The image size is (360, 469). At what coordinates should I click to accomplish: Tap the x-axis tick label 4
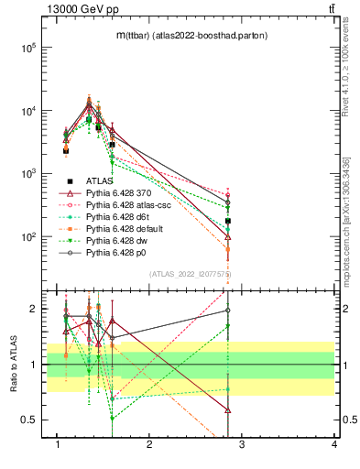click(334, 445)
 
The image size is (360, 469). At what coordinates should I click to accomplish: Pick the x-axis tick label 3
click(242, 445)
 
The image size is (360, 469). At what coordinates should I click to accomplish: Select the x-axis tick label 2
click(149, 445)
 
